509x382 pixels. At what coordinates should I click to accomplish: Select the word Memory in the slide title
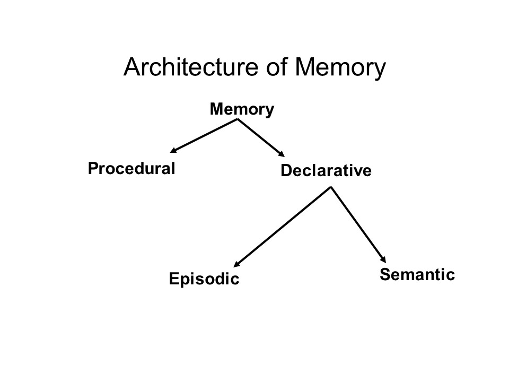339,68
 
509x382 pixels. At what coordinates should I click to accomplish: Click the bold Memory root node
242,110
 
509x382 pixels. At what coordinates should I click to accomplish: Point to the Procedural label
131,169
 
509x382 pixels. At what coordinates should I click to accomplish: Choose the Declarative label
326,171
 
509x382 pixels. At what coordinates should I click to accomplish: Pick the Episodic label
204,279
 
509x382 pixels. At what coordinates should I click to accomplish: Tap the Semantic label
417,275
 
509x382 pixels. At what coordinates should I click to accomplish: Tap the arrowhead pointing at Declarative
281,155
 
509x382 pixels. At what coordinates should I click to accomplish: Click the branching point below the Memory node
237,119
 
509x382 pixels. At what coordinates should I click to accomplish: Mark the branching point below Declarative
331,187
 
